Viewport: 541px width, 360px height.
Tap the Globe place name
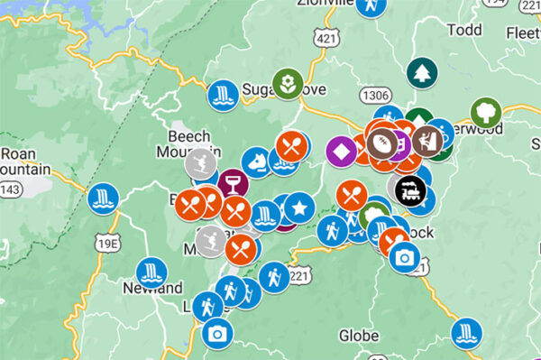click(359, 337)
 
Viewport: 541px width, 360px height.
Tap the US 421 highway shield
click(327, 37)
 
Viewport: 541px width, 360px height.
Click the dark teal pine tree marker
click(420, 73)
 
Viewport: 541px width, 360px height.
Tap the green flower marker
click(288, 84)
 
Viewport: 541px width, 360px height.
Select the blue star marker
click(299, 209)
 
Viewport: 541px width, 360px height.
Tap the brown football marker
click(381, 143)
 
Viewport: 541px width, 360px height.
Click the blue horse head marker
click(258, 162)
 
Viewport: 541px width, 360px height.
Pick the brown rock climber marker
click(427, 138)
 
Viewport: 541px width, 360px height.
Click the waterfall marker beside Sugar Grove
click(222, 94)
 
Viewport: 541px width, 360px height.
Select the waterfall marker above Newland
click(151, 272)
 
